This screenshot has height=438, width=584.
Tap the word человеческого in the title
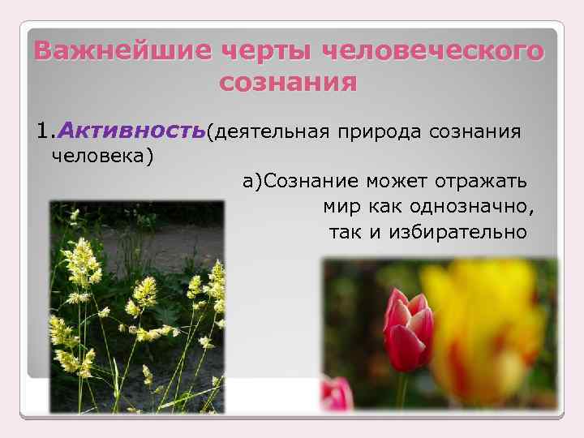(434, 50)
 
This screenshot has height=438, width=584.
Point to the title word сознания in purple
(288, 83)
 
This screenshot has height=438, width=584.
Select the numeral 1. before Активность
(45, 130)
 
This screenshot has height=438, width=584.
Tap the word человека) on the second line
(101, 155)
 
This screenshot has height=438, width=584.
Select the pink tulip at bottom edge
(337, 395)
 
